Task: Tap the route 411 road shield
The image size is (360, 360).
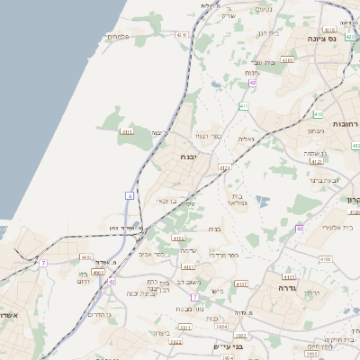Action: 244,106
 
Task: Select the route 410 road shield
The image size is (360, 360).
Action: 317,114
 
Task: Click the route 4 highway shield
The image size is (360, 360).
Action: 130,194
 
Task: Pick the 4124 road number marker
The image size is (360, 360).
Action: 225,166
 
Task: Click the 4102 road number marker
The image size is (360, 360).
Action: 240,284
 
